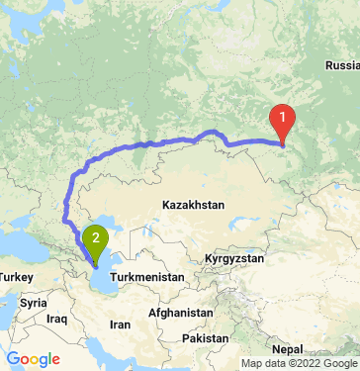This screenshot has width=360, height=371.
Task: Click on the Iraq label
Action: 55,320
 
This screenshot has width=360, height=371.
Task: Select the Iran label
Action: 120,325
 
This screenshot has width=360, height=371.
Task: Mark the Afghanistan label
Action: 178,313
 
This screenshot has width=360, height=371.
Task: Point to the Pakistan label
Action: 206,338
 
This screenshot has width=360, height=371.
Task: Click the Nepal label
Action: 288,349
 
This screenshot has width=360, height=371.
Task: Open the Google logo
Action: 33,358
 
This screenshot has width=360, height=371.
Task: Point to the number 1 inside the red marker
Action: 283,117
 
